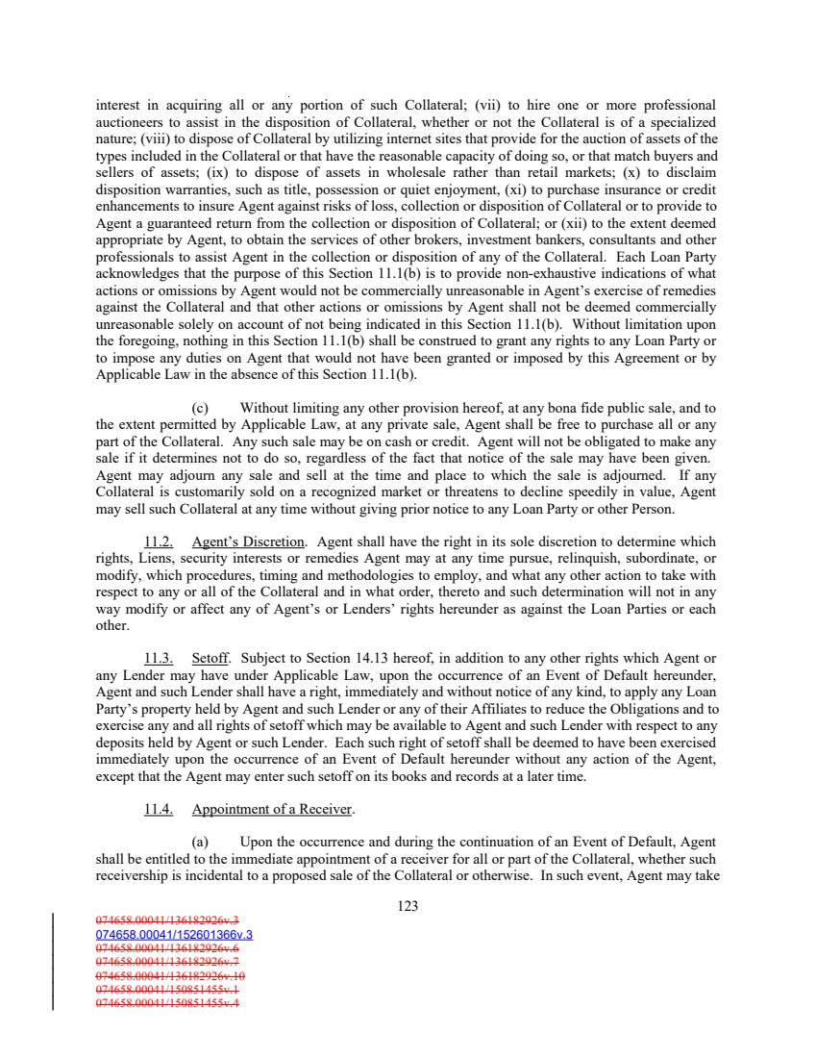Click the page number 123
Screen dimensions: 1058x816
[408, 905]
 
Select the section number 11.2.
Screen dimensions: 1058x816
[159, 542]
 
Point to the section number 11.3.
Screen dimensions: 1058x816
[159, 659]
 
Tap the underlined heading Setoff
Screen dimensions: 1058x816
[210, 659]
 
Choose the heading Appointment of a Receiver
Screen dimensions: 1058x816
[272, 810]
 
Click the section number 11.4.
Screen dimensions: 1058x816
[159, 810]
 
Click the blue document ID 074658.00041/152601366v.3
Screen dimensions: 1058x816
[174, 933]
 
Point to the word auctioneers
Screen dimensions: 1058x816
[133, 121]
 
